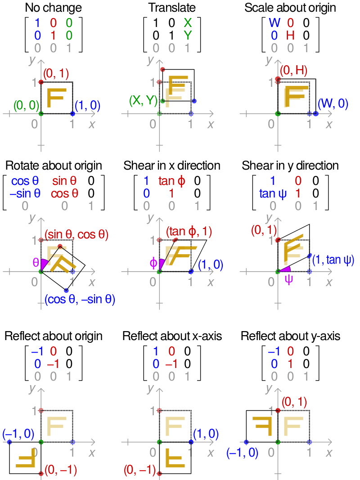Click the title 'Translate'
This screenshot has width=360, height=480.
coord(172,8)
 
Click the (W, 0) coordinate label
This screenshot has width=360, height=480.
coord(333,104)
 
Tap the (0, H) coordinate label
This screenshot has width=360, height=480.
coord(293,70)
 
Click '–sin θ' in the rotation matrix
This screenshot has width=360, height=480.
coord(25,194)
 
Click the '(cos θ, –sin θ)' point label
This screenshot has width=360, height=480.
coord(80,300)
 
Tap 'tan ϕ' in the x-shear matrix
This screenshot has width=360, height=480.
coord(171,181)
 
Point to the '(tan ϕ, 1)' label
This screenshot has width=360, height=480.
coord(189,232)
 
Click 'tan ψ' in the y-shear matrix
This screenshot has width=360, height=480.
coord(273,194)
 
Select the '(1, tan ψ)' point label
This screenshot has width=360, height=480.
coord(333,260)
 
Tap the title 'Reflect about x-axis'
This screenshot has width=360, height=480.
coord(172,336)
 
